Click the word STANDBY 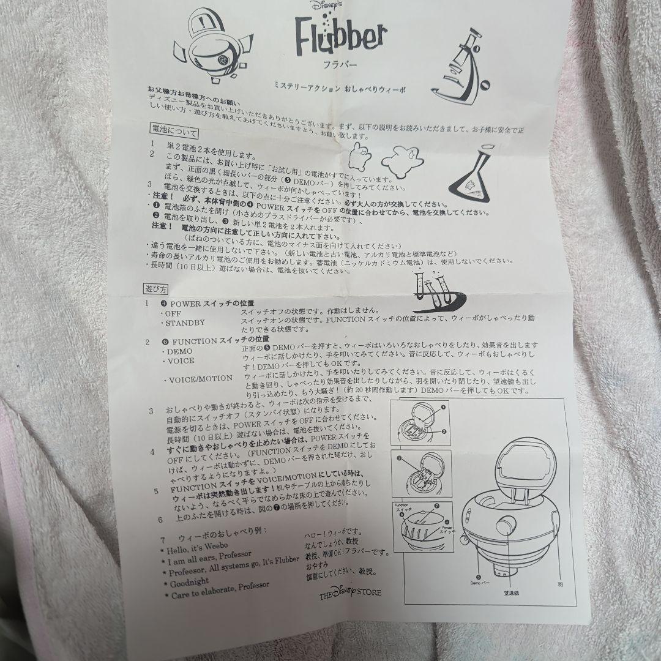[x=184, y=323]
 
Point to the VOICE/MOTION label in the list [x=198, y=379]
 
